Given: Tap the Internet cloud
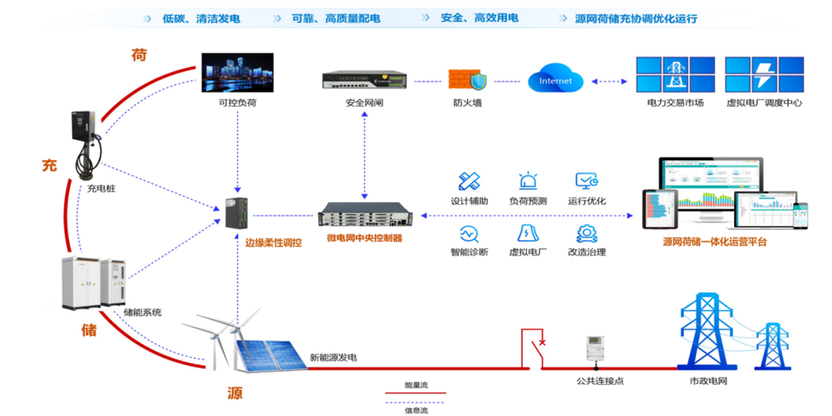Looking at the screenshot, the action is pos(556,80).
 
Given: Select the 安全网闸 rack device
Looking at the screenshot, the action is pos(363,80).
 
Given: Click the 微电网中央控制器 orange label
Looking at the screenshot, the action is pos(364,238).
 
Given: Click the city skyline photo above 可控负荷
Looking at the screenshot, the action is pos(238,73).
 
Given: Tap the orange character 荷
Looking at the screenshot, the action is pos(139,55).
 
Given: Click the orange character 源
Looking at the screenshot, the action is pos(235,393).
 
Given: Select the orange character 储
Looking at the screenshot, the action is pos(88,329).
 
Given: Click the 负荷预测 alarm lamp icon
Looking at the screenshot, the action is pos(528,181).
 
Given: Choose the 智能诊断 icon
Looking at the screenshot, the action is pos(469,233).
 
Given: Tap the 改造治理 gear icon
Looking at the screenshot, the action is pos(587,233).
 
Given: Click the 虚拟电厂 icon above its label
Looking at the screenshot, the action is pos(528,233).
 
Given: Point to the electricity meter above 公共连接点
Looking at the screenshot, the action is pos(595,348).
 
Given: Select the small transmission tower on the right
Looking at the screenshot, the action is pos(772,346).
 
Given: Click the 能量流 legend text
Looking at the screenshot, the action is pos(416,386).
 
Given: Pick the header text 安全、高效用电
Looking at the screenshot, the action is pos(479,18).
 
